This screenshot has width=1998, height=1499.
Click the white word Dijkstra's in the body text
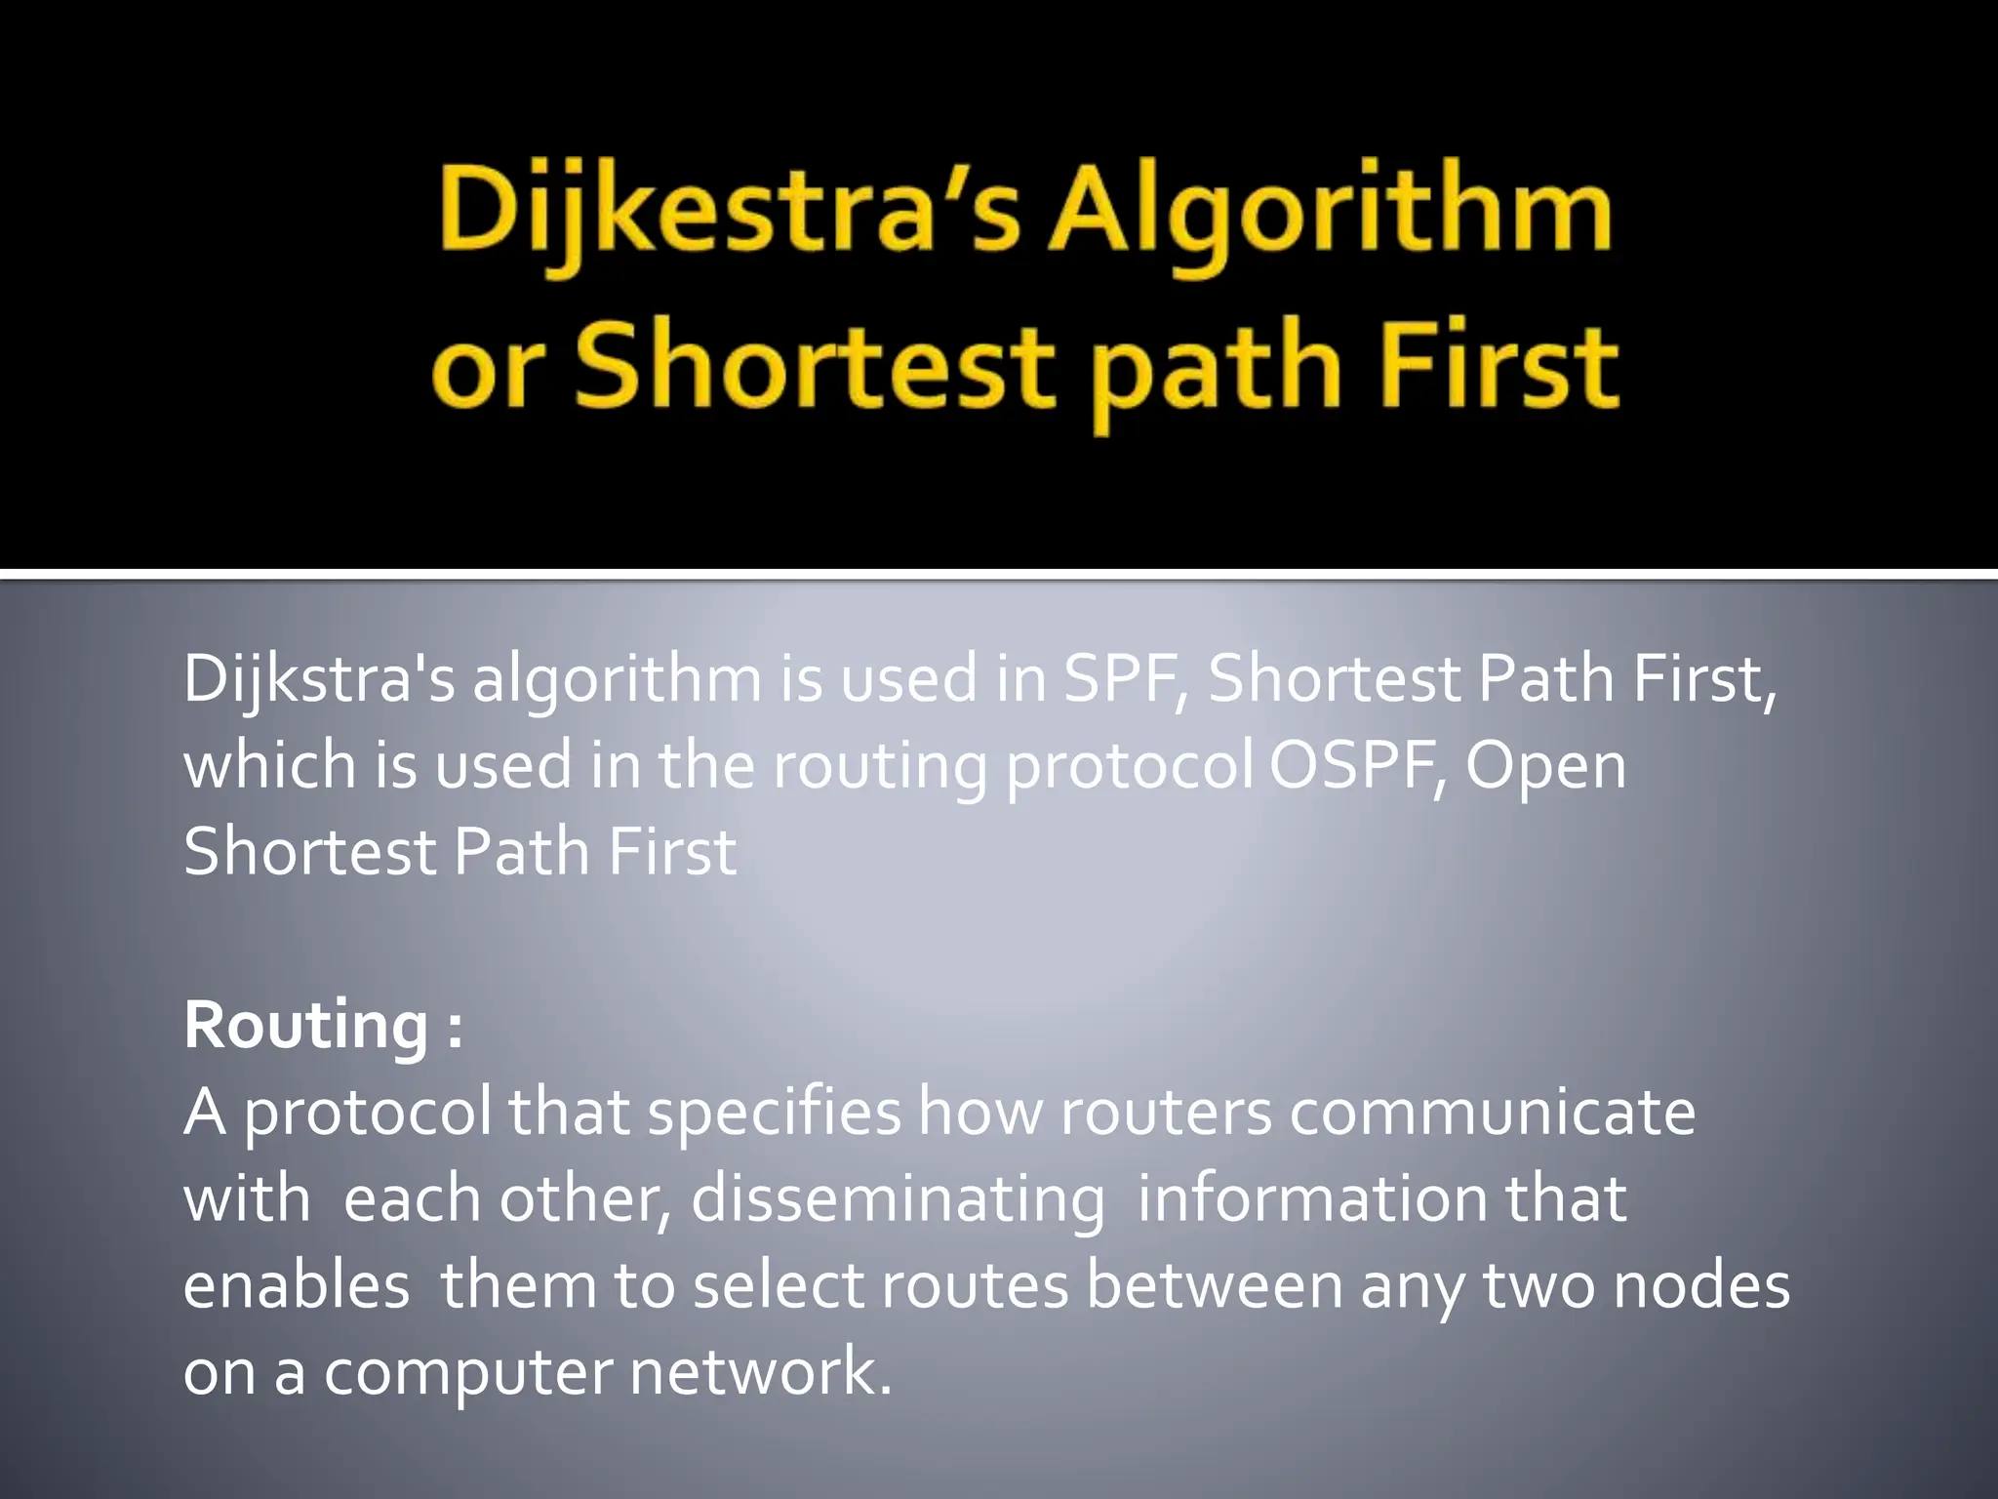click(x=318, y=679)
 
